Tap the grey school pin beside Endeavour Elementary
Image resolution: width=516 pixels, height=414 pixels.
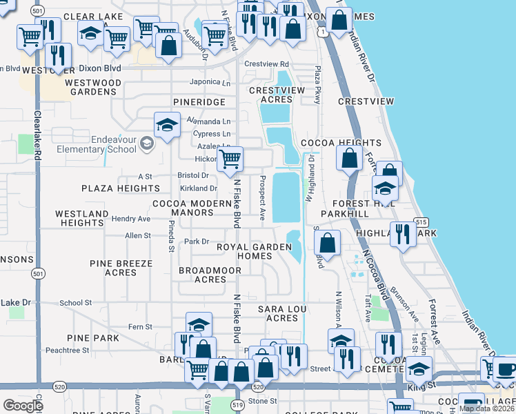pos(146,144)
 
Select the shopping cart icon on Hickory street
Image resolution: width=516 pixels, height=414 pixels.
pos(230,159)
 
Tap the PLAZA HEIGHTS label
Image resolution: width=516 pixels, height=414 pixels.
pos(121,188)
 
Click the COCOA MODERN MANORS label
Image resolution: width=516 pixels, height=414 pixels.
pos(192,208)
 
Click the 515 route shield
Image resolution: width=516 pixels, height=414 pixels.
pos(421,221)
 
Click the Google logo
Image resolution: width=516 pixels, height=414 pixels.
pos(23,406)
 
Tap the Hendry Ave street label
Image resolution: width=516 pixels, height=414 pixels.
pos(131,219)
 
